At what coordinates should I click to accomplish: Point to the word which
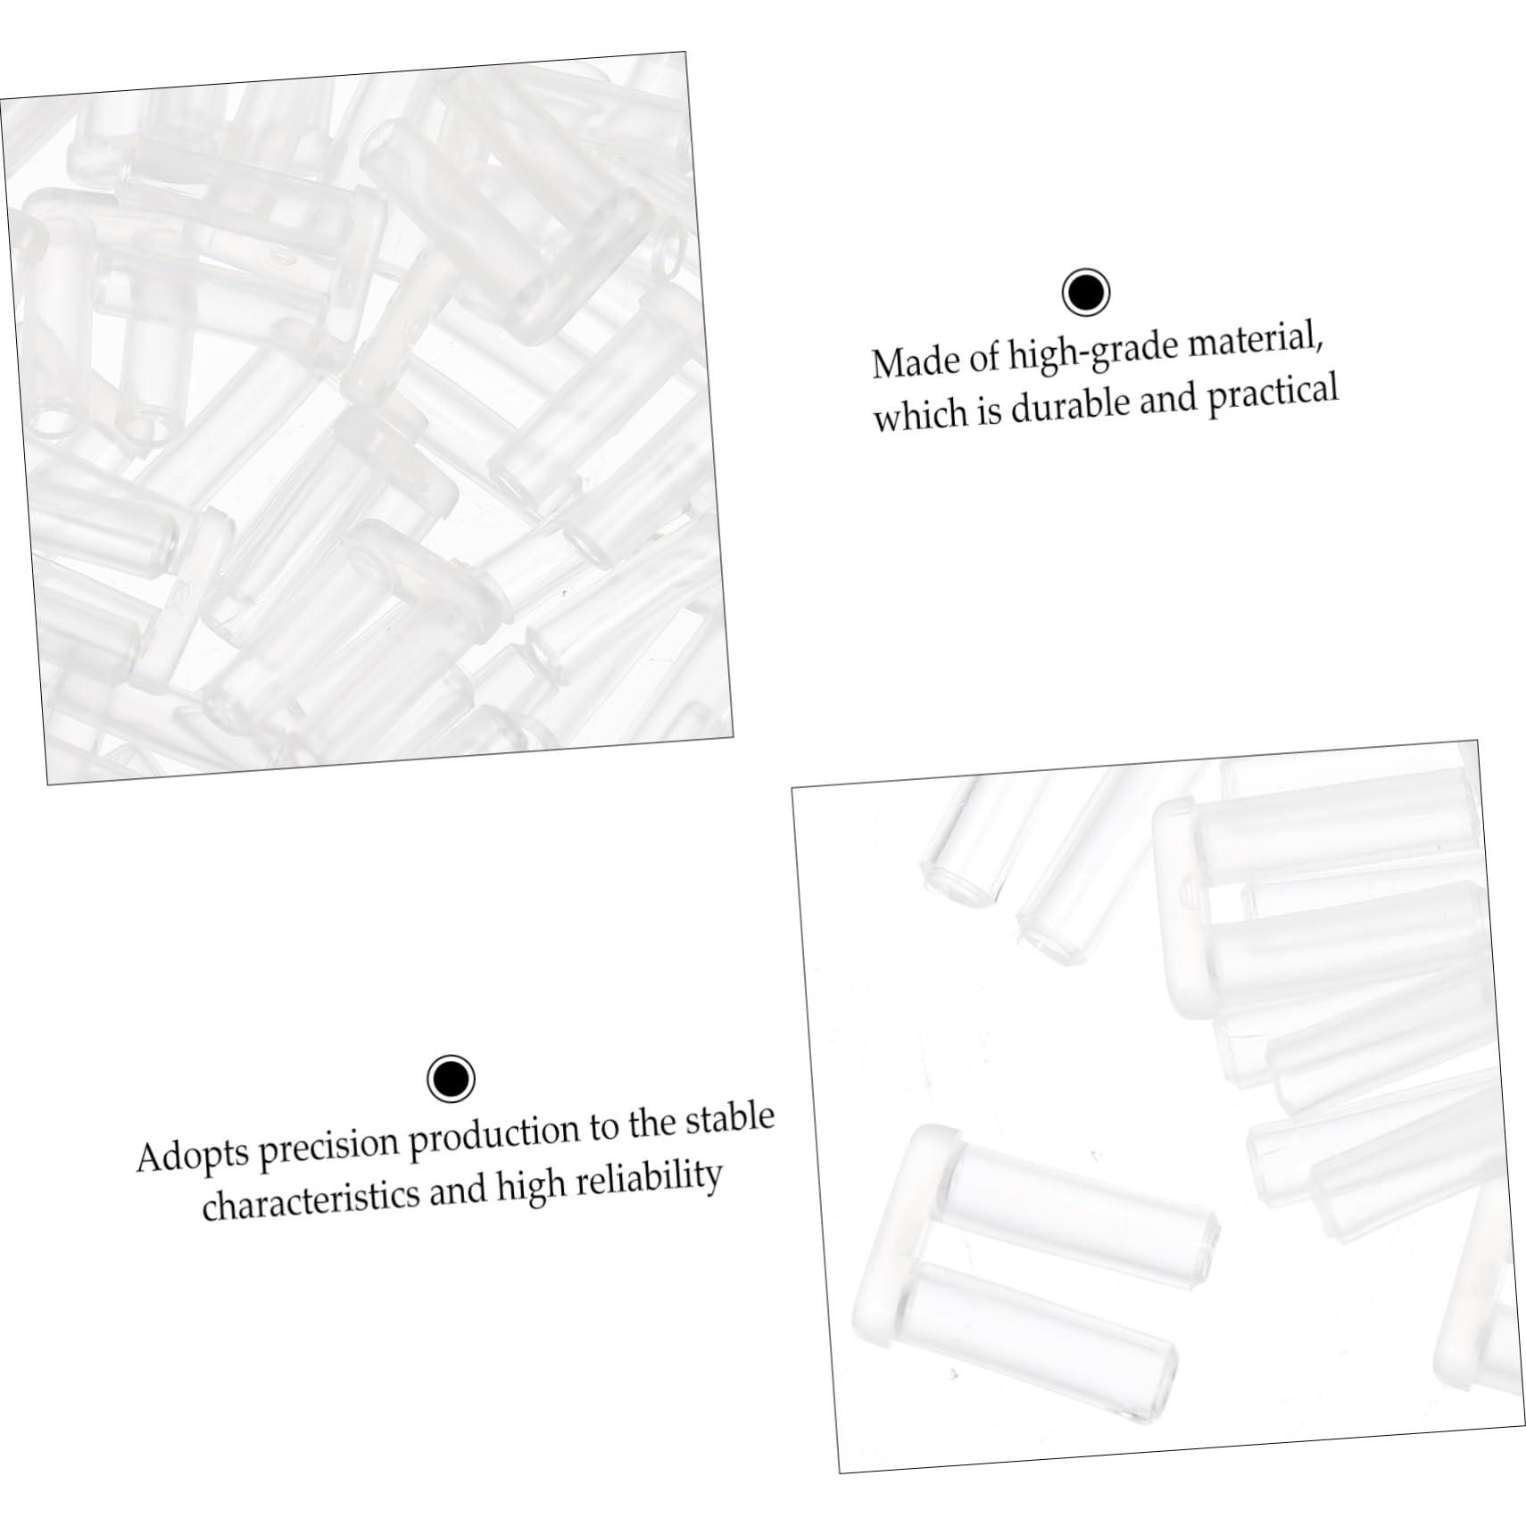tap(918, 414)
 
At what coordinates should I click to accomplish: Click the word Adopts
tap(192, 1157)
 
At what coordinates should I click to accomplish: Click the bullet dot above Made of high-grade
tap(1086, 292)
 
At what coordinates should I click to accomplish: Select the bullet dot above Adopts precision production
tap(451, 1079)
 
